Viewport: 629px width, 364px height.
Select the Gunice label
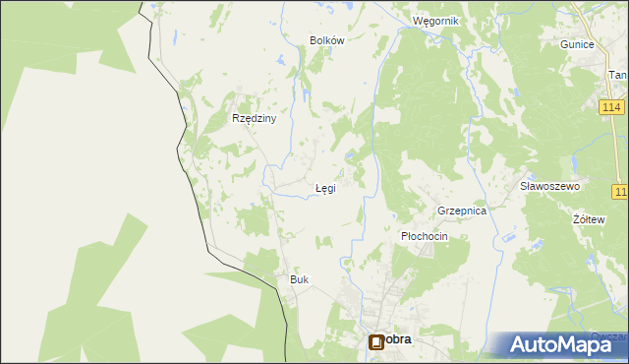[577, 45]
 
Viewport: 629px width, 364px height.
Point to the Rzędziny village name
[255, 118]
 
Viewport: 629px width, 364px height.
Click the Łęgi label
[324, 188]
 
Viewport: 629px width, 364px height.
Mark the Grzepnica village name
[463, 212]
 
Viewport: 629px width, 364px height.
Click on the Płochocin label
[425, 237]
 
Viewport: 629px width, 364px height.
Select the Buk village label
[299, 280]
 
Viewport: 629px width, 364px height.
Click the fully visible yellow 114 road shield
[610, 106]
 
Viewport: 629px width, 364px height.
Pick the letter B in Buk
[293, 280]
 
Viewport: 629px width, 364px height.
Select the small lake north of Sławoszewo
[567, 161]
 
